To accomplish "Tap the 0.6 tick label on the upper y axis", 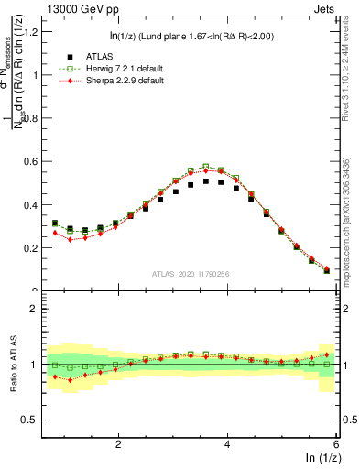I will (x=31, y=161).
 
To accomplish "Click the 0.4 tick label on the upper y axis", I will (x=31, y=204).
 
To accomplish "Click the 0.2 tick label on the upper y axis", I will (x=31, y=247).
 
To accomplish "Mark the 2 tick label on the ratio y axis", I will (x=34, y=309).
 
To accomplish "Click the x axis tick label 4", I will (x=227, y=443).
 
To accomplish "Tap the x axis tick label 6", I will (x=336, y=443).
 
